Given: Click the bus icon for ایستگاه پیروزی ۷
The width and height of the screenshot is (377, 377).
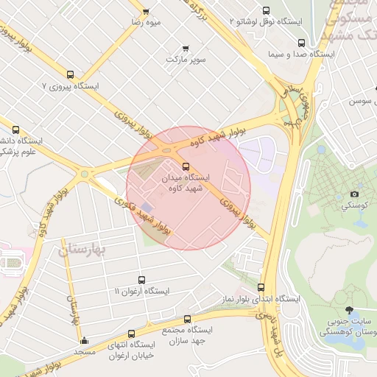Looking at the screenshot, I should tap(70, 74).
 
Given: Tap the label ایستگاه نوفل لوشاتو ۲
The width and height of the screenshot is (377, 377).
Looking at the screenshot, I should tap(267, 22).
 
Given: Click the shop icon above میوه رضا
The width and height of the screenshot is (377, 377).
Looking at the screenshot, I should tap(146, 11).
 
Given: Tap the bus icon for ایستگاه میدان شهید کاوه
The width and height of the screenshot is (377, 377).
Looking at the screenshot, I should tap(185, 166).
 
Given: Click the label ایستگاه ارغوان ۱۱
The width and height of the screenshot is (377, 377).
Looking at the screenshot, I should tap(141, 291).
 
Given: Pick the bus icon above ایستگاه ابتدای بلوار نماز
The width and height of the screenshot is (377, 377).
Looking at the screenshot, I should tap(261, 287).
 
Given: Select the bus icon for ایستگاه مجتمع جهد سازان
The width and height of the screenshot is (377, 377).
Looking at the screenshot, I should tap(187, 319).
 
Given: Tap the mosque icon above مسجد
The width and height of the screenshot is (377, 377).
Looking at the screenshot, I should tap(84, 341).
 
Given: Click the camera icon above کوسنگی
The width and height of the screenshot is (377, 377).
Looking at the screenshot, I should tap(354, 194).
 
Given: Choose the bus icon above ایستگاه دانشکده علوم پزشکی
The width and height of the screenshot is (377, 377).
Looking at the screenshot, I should tap(16, 128).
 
